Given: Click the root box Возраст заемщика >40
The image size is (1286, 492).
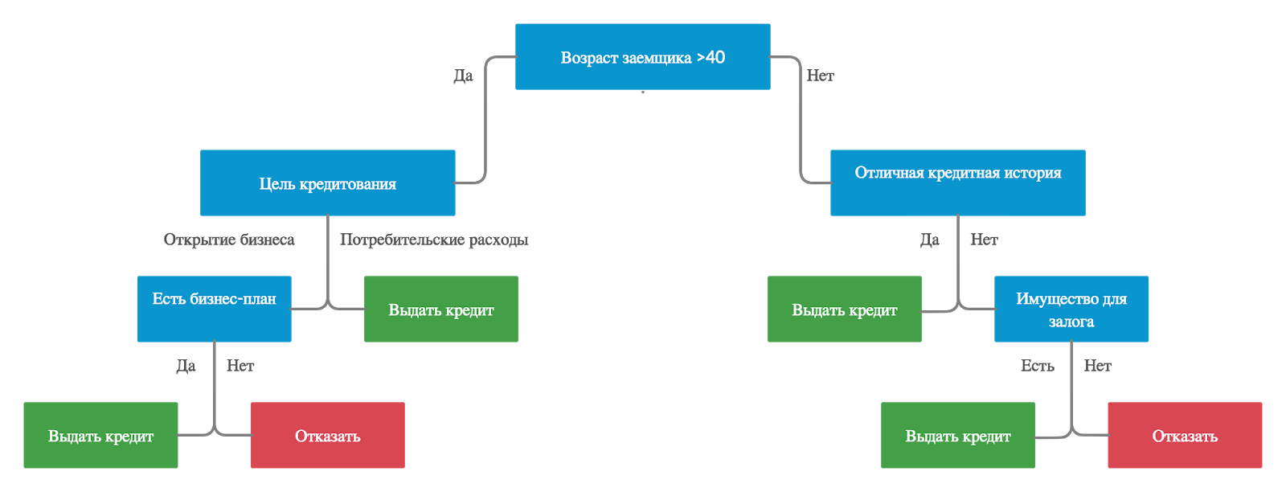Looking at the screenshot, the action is point(642,57).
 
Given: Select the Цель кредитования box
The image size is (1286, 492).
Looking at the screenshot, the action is point(327,183).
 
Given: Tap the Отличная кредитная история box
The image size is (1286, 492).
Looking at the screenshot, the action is point(957,183).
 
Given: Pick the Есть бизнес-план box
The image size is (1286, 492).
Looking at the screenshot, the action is point(214,309).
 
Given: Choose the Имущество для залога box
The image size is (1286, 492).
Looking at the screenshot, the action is point(1071,309).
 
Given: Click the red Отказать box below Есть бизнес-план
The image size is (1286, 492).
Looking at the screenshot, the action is point(327,435).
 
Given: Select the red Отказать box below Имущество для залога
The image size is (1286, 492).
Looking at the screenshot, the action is point(1185,435).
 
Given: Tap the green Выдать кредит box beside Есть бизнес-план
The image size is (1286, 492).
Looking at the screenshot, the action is point(441,309).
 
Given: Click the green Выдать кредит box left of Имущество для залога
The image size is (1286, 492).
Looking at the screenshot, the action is point(845,309).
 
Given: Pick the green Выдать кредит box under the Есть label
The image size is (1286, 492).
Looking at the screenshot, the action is point(957,435).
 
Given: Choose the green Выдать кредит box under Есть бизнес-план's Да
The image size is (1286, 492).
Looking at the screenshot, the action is point(100,435).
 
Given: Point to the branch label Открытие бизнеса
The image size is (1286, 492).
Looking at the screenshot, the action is point(229,240).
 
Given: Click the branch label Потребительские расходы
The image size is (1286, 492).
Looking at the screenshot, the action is point(434,240).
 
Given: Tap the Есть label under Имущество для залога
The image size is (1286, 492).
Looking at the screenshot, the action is point(1038,366).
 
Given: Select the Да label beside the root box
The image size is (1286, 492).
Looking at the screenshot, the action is point(463,76).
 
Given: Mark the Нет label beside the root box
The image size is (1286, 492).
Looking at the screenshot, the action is point(821,76).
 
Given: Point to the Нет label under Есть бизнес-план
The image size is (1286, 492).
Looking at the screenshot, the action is point(240,366).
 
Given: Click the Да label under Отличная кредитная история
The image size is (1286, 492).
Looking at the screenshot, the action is point(929,240).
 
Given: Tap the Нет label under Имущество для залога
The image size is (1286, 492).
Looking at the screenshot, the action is point(1098,366).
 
